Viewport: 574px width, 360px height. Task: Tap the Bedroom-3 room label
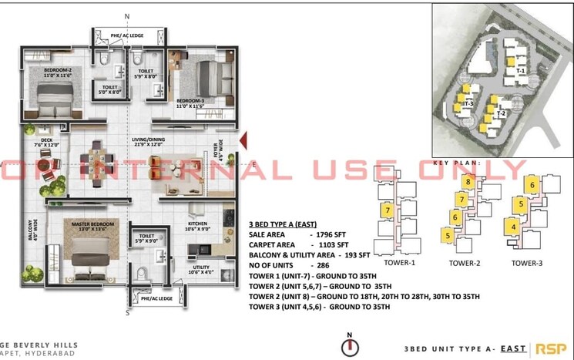click(190, 101)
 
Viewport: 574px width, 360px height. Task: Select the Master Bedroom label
click(93, 224)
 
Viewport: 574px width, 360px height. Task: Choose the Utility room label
click(199, 269)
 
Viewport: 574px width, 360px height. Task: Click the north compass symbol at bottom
click(350, 346)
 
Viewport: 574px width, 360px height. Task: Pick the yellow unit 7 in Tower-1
click(388, 210)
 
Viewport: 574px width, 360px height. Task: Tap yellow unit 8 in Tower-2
click(468, 182)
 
